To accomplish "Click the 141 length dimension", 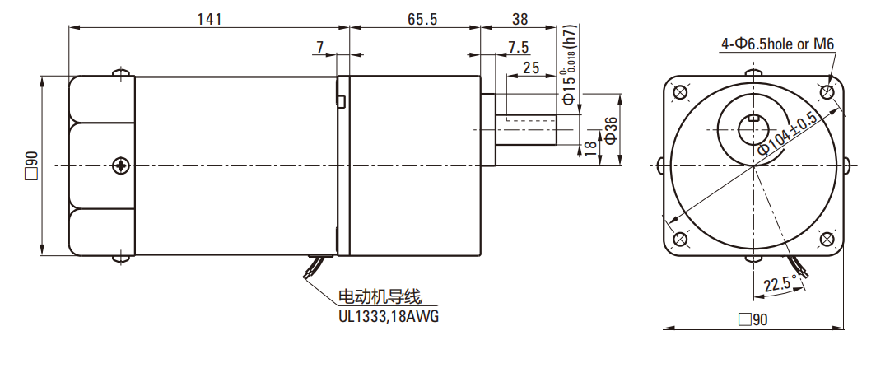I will pyautogui.click(x=210, y=18).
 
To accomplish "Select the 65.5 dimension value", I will pyautogui.click(x=421, y=18).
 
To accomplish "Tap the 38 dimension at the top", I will pyautogui.click(x=520, y=18).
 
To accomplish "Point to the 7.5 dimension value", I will pyautogui.click(x=519, y=46).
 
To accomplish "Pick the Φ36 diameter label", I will pyautogui.click(x=610, y=130).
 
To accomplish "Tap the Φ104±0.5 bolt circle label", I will pyautogui.click(x=787, y=133).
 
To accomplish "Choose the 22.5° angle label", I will pyautogui.click(x=779, y=285).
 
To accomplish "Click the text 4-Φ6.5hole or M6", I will pyautogui.click(x=778, y=44).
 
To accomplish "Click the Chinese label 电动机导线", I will pyautogui.click(x=385, y=297).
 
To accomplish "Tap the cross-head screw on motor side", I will pyautogui.click(x=122, y=165).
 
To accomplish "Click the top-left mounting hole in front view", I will pyautogui.click(x=680, y=92).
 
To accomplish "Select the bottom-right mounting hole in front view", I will pyautogui.click(x=827, y=240).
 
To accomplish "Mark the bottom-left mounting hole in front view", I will pyautogui.click(x=680, y=240).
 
